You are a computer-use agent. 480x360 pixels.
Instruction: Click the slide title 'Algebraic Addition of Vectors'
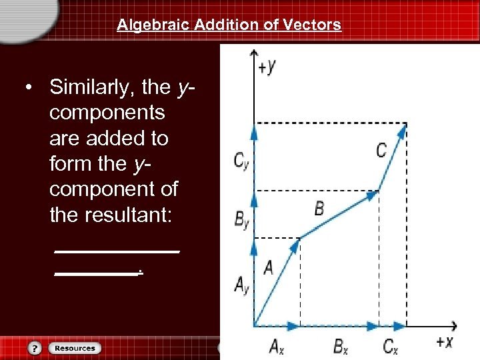coord(229,25)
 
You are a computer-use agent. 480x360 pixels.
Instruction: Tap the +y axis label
coord(267,66)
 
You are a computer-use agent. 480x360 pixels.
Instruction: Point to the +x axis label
coord(444,342)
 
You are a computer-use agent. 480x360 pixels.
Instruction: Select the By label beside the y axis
coord(241,221)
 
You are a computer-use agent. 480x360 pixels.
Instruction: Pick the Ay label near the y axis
coord(241,285)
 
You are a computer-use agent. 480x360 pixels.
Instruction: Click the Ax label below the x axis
coord(277,346)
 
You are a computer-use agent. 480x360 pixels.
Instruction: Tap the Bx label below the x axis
coord(340,346)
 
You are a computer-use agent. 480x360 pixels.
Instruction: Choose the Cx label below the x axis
coord(391,346)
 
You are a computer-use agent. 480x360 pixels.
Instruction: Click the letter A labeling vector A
coord(268,268)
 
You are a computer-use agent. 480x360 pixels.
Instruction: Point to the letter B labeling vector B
coord(319,208)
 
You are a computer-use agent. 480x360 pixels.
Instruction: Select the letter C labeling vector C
coord(381,151)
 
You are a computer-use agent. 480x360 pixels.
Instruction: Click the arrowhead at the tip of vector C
coord(403,129)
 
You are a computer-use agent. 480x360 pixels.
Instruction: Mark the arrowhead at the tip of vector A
coord(295,245)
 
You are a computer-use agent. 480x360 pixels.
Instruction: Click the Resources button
coord(75,348)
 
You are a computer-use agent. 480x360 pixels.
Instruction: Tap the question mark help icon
coord(35,348)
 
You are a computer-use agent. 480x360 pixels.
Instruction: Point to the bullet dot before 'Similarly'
coord(29,87)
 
